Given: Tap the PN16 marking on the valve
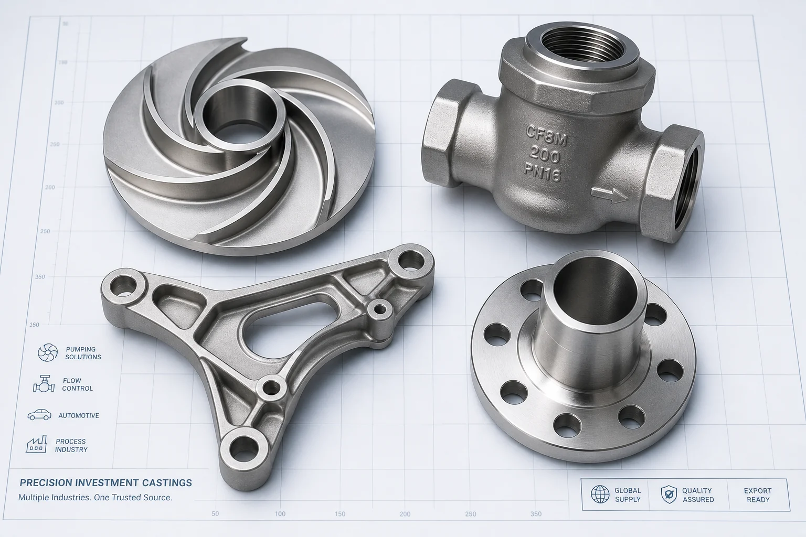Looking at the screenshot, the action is coord(543,174).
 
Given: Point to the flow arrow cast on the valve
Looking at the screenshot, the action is coord(610,195).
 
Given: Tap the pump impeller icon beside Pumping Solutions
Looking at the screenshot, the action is coord(48,352).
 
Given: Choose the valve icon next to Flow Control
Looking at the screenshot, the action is coord(44,384).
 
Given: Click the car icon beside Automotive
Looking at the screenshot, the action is coord(39,415).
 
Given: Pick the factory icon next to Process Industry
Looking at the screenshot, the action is coord(36,445).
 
